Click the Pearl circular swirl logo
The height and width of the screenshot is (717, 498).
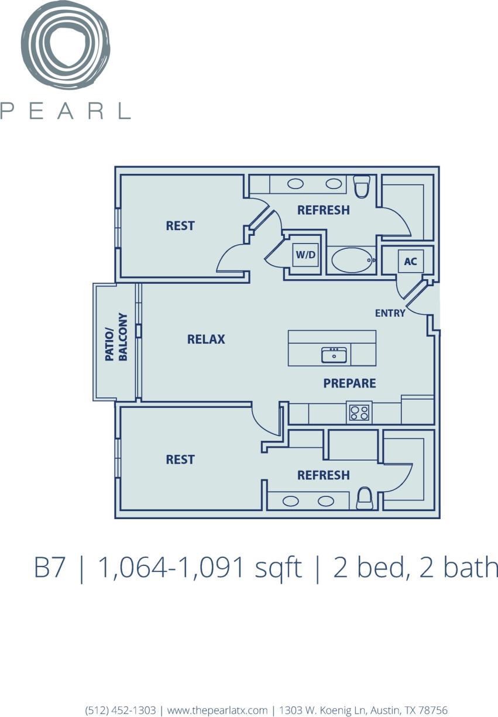tap(66, 46)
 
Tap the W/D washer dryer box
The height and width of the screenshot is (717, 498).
tap(305, 255)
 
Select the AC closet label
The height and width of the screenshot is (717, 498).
tap(410, 261)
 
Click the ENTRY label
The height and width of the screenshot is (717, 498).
tap(390, 313)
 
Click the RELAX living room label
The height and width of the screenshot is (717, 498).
tap(206, 339)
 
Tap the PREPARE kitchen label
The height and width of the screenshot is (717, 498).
tap(349, 383)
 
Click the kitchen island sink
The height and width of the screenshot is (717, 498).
tap(334, 355)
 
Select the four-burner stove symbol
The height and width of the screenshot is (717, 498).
tap(359, 413)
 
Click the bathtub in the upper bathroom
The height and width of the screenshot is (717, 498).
tap(352, 260)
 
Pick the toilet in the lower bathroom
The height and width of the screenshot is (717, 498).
tap(365, 498)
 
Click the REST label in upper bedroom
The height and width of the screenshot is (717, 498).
tap(180, 226)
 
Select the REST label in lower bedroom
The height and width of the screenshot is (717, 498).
tap(180, 459)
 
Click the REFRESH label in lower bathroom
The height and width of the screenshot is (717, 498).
tap(323, 475)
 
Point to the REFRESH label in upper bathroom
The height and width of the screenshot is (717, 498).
tap(323, 210)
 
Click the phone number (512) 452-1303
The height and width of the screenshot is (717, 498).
tap(121, 709)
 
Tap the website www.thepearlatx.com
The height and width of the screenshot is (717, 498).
tap(217, 709)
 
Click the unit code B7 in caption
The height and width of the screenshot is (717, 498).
tap(49, 568)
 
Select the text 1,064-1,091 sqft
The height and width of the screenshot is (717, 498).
tap(199, 568)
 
